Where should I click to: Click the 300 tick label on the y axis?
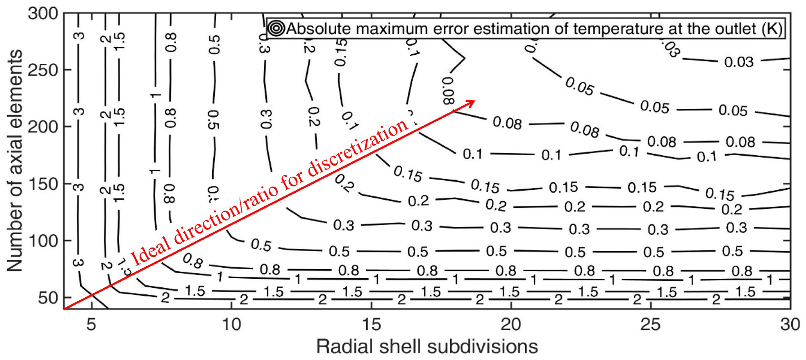(x=43, y=14)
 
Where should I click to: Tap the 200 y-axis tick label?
(x=43, y=127)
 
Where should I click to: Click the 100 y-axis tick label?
(x=43, y=241)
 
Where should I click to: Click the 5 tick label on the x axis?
(x=91, y=324)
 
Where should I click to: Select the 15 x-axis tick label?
(x=371, y=324)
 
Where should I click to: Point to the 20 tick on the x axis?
(x=511, y=324)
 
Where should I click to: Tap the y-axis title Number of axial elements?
(x=15, y=160)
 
